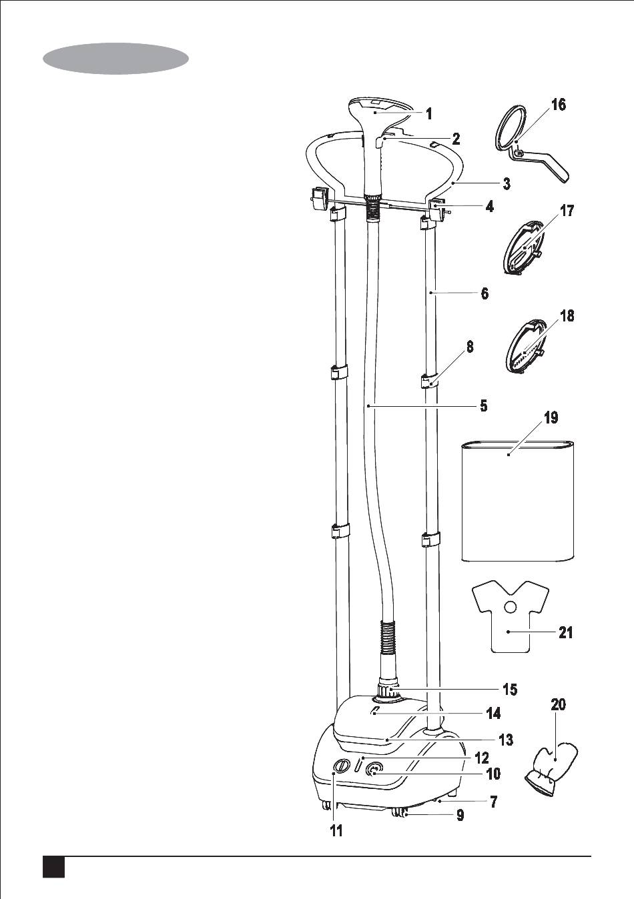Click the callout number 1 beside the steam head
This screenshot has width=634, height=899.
pos(429,113)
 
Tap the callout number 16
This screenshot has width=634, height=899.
pos(558,105)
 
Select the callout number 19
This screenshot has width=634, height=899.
pos(551,418)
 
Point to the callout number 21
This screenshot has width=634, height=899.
pos(565,632)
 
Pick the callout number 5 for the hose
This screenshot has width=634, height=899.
pos(483,405)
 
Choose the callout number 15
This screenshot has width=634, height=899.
pos(509,690)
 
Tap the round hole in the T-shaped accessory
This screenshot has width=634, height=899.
pos(511,606)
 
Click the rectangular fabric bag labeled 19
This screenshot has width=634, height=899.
pos(517,500)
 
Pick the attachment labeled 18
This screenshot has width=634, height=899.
pos(525,350)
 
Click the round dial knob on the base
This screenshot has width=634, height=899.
pos(341,767)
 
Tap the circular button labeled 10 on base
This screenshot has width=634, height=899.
pos(375,770)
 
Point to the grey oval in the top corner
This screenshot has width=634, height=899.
pos(115,59)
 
